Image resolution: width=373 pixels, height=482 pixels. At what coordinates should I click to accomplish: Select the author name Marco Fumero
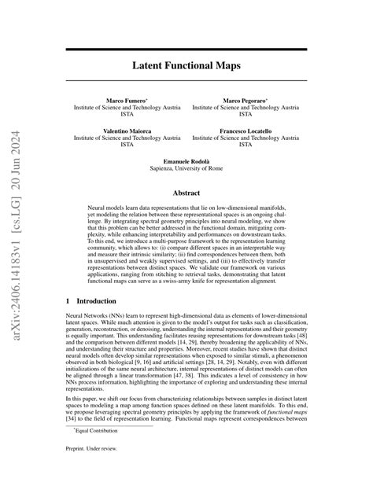pyautogui.click(x=125, y=101)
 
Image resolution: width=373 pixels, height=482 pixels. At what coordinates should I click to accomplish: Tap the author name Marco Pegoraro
pyautogui.click(x=246, y=101)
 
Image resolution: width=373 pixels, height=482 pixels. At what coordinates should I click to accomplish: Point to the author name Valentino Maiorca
pyautogui.click(x=127, y=130)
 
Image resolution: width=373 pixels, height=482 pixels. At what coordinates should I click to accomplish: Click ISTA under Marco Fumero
pyautogui.click(x=127, y=116)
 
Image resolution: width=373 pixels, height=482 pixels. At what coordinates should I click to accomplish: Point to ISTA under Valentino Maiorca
pyautogui.click(x=127, y=145)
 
